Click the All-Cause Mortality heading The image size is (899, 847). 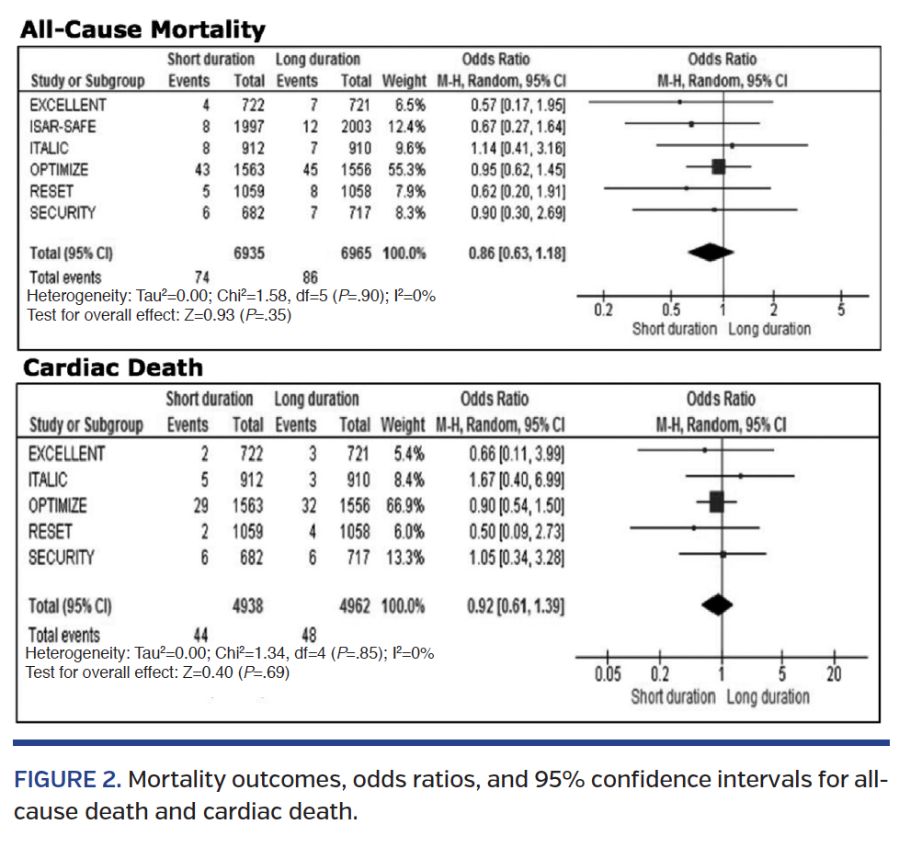[142, 29]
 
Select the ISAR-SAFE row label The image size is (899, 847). [63, 126]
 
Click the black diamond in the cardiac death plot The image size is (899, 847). [717, 604]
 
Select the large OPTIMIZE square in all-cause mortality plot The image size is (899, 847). [719, 166]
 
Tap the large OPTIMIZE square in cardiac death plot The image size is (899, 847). [717, 503]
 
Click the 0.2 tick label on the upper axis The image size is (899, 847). [603, 310]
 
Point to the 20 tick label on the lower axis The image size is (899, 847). [834, 675]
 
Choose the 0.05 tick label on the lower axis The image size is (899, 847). [606, 675]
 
